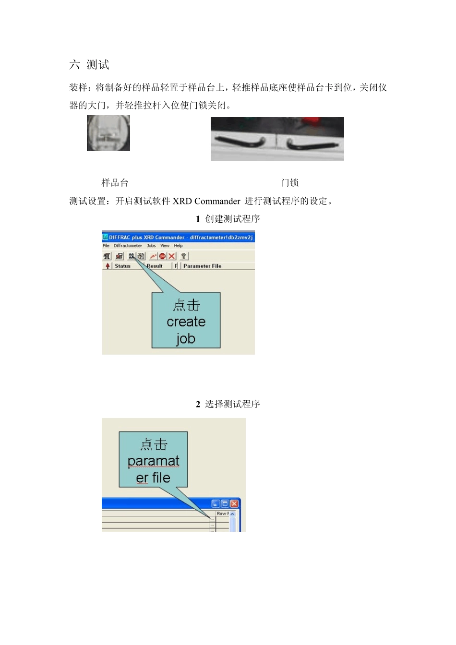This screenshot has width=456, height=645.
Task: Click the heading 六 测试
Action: pyautogui.click(x=89, y=65)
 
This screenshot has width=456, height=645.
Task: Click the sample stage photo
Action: pyautogui.click(x=108, y=133)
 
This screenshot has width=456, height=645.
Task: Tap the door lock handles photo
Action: pyautogui.click(x=277, y=139)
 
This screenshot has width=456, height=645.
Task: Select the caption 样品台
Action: pyautogui.click(x=115, y=183)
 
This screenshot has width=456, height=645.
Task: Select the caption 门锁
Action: pyautogui.click(x=290, y=183)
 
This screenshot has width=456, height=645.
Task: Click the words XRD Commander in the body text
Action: pyautogui.click(x=206, y=201)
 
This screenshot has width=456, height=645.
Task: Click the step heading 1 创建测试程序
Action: pyautogui.click(x=228, y=219)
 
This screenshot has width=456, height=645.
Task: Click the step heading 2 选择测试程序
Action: pyautogui.click(x=228, y=404)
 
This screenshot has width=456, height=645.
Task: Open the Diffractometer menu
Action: pyautogui.click(x=128, y=246)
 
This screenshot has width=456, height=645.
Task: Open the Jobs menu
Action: pyautogui.click(x=151, y=246)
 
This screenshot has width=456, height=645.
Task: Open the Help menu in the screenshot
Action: pyautogui.click(x=178, y=246)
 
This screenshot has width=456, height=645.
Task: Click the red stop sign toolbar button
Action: pyautogui.click(x=162, y=256)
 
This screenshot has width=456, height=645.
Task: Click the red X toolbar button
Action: pyautogui.click(x=171, y=256)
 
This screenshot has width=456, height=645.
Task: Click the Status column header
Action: pyautogui.click(x=122, y=266)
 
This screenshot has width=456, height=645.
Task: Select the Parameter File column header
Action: pyautogui.click(x=202, y=266)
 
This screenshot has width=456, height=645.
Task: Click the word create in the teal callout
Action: pyautogui.click(x=186, y=322)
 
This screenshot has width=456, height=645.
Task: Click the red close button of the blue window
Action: pyautogui.click(x=234, y=503)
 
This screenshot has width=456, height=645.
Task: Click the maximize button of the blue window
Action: pyautogui.click(x=225, y=503)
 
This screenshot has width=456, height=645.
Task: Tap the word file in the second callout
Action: pyautogui.click(x=161, y=478)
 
